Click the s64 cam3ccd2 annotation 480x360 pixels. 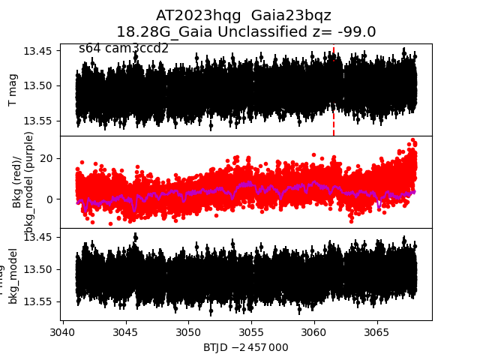(124, 49)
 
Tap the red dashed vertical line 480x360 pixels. (334, 112)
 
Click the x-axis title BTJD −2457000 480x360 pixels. (245, 347)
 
